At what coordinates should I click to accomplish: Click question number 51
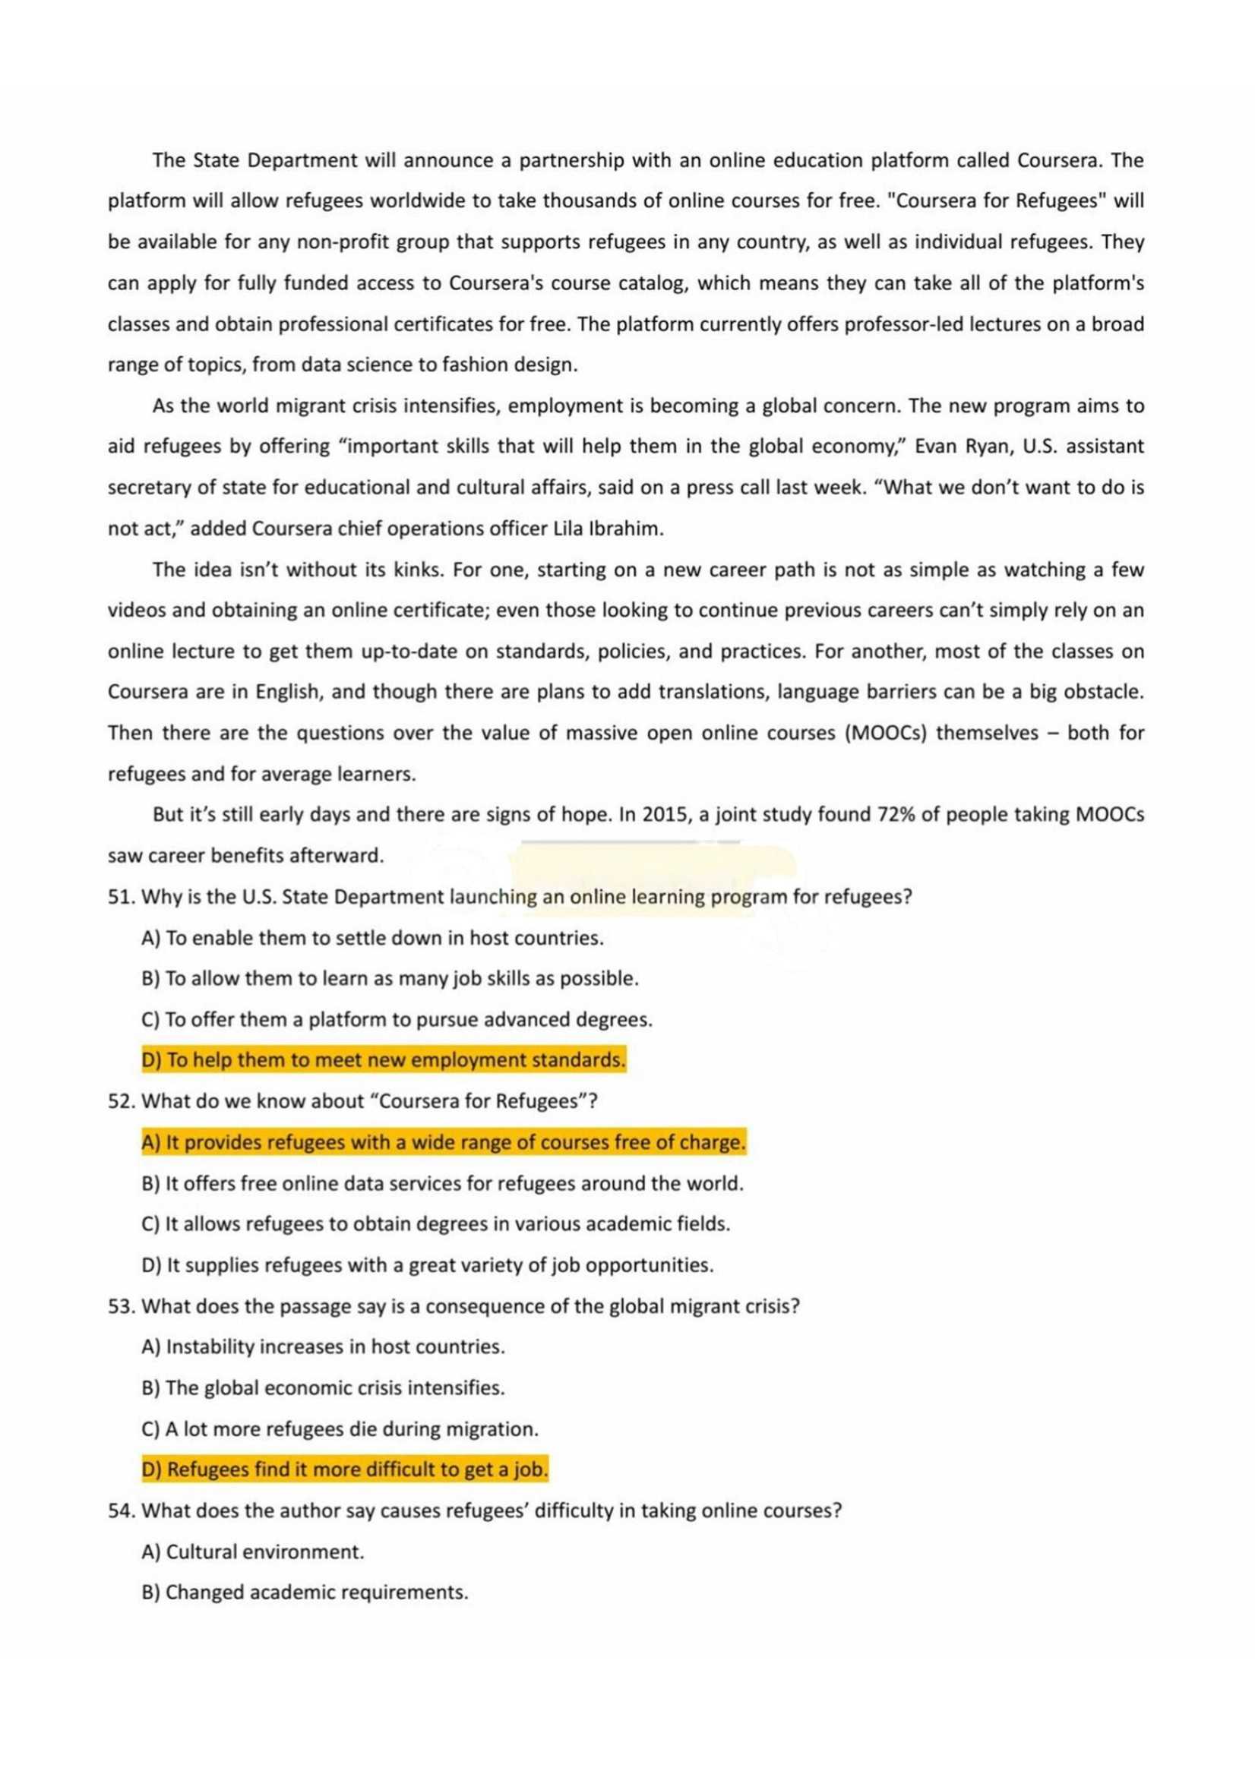(122, 897)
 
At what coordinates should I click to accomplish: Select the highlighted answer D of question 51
(384, 1060)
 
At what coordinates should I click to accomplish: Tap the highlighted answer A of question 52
(444, 1142)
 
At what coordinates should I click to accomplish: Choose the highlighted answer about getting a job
(345, 1469)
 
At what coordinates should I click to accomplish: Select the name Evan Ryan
(962, 447)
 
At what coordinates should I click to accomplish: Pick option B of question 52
(442, 1183)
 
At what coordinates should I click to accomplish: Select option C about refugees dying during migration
(340, 1428)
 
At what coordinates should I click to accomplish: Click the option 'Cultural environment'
(253, 1551)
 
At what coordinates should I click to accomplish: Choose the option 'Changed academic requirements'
(305, 1592)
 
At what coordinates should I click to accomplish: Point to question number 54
(122, 1510)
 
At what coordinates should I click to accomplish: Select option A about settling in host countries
(372, 938)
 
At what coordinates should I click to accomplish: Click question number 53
(122, 1305)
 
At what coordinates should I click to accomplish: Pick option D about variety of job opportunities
(428, 1265)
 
